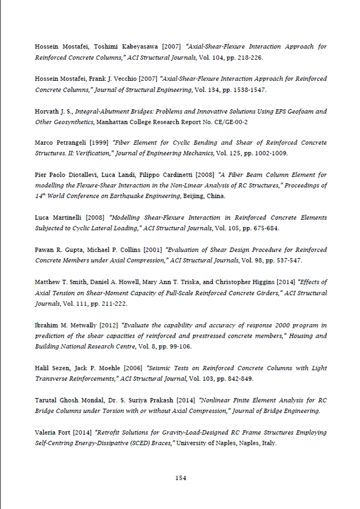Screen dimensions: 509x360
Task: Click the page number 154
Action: (180, 478)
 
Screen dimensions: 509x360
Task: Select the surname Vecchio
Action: (121, 79)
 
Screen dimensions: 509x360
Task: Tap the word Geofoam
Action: (299, 112)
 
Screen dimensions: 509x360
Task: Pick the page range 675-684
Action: (267, 229)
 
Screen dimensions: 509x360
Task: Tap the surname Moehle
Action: (110, 368)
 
